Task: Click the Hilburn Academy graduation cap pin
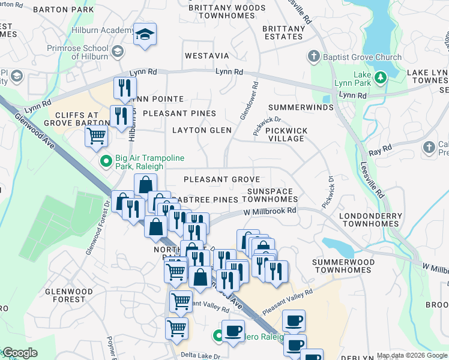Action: tap(145, 34)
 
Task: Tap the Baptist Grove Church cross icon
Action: tap(313, 57)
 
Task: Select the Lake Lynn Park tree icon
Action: tap(380, 77)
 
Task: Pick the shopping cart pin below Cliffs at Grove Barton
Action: tap(96, 136)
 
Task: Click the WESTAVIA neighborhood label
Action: tap(206, 56)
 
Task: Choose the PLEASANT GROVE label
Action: tap(221, 179)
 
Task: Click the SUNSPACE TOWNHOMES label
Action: tap(272, 195)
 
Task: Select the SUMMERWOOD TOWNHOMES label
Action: tap(345, 266)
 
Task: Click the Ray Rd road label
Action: tap(380, 147)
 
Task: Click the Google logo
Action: tap(20, 353)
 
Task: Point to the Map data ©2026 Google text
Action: tap(411, 355)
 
